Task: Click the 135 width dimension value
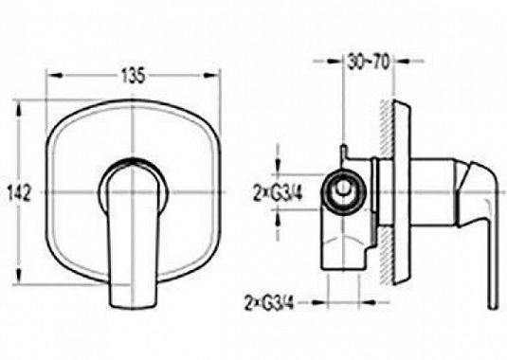[134, 76]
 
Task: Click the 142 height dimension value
[19, 193]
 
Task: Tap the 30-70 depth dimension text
[369, 62]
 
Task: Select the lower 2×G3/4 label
[269, 303]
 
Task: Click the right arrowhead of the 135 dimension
[210, 75]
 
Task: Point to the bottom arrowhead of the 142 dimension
[19, 277]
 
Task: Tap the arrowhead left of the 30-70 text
[335, 61]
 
